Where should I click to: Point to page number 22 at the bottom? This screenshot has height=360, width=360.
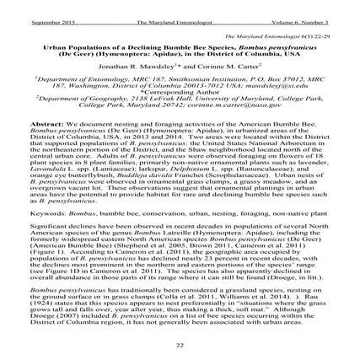pyautogui.click(x=180, y=346)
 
